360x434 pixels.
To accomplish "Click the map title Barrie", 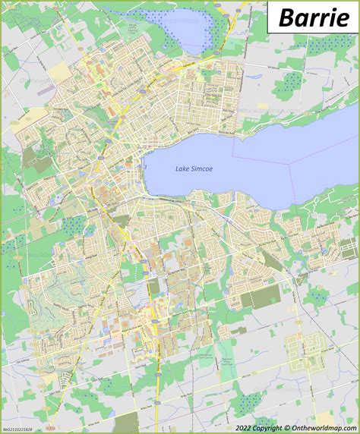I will (312, 17).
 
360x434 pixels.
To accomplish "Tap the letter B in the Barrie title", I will (286, 17).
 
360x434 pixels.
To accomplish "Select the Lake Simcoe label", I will (191, 168).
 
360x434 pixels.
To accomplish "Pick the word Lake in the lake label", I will (181, 168).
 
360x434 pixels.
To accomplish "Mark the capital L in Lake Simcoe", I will (176, 168).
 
